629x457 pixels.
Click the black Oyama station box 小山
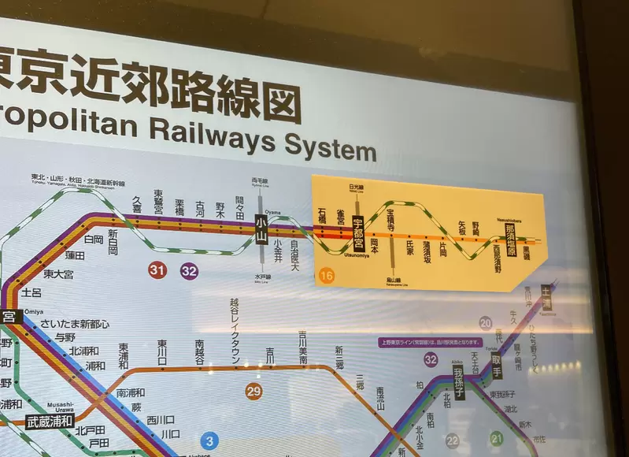(x=261, y=229)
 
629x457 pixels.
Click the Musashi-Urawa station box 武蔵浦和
(x=50, y=421)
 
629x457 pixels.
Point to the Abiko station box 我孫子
(x=459, y=382)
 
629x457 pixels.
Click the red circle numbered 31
(x=158, y=270)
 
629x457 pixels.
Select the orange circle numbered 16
(x=326, y=276)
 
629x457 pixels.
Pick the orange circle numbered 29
(x=253, y=391)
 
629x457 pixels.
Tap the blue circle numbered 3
(x=209, y=440)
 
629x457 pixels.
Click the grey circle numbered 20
(x=486, y=322)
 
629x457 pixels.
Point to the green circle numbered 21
(x=497, y=437)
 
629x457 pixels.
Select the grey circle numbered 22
(x=453, y=440)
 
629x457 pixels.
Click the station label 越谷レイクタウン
(x=235, y=330)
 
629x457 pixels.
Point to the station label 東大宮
(x=59, y=274)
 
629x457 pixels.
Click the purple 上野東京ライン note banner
(x=429, y=342)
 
